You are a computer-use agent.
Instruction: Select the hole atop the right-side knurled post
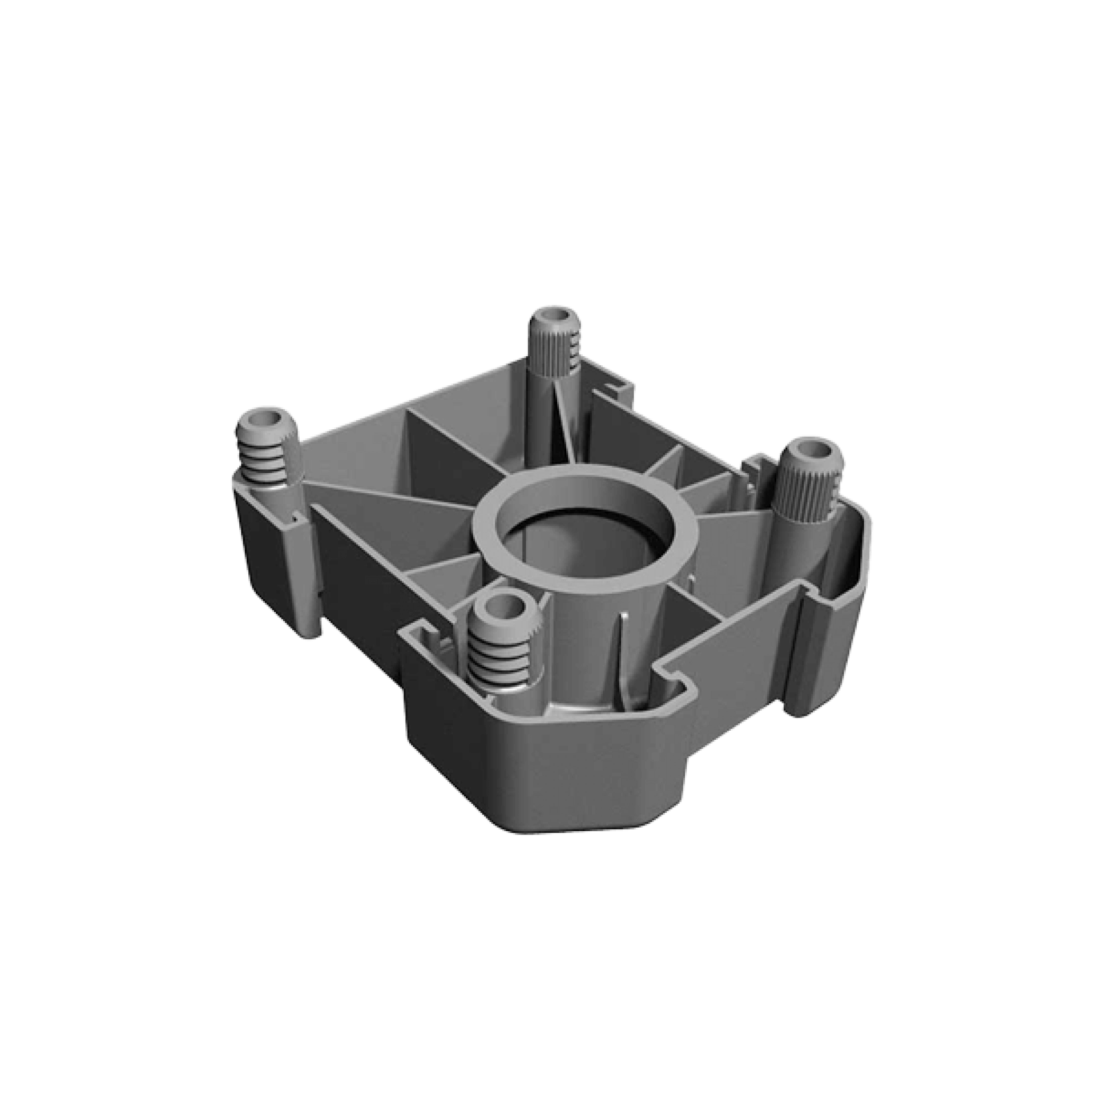(812, 453)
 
